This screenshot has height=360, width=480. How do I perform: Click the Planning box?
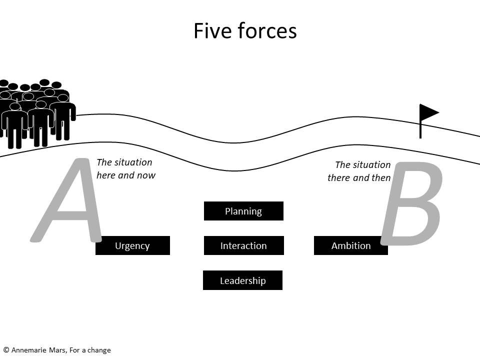coord(243,211)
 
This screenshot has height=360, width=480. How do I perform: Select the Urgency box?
coord(132,245)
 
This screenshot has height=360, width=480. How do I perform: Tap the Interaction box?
coord(244,245)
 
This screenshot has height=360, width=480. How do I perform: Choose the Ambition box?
coord(351,245)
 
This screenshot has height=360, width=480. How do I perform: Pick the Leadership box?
coord(243,280)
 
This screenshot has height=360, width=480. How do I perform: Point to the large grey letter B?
coord(411,203)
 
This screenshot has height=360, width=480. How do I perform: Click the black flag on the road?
coord(429,121)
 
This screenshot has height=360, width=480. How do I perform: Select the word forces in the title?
coord(267,31)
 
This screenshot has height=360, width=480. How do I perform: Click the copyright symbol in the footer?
coord(6,350)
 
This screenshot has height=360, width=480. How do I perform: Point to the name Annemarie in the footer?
coord(29,350)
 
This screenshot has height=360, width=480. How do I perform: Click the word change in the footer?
coord(99,350)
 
